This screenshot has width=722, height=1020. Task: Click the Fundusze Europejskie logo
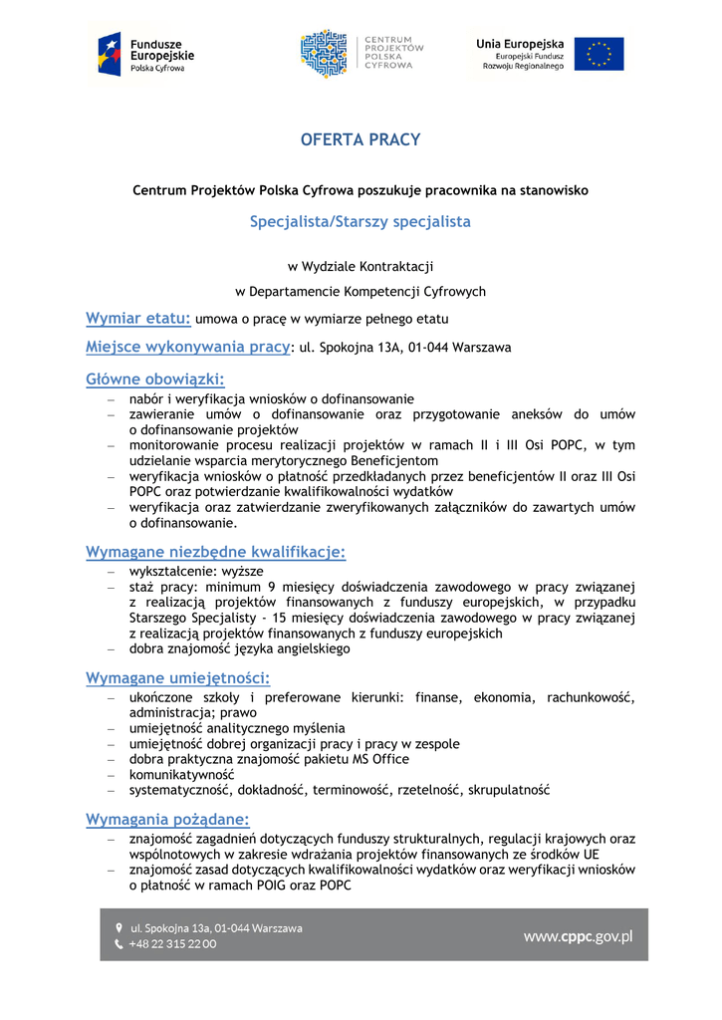click(x=146, y=55)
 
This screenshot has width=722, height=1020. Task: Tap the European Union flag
click(x=598, y=54)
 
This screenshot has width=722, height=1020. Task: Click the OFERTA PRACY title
click(x=361, y=140)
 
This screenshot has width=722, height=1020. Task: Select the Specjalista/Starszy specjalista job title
click(x=361, y=222)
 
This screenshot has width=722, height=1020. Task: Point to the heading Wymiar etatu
click(x=137, y=319)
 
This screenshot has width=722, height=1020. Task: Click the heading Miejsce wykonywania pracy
click(x=187, y=348)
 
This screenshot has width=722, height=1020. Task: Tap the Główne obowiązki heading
click(x=154, y=380)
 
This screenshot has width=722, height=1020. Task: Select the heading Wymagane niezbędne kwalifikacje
click(x=215, y=553)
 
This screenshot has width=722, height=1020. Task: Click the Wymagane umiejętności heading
click(x=177, y=679)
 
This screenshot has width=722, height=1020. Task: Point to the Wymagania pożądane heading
click(x=166, y=820)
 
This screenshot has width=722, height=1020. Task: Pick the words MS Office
click(x=378, y=759)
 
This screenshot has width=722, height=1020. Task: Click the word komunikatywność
click(x=181, y=774)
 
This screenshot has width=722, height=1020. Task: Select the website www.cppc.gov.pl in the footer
click(x=578, y=935)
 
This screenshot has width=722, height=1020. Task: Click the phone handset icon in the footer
click(x=119, y=944)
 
